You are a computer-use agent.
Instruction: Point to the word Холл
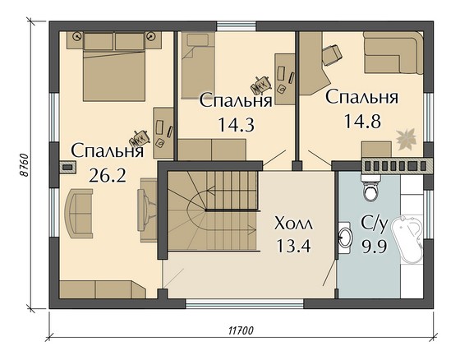tap(293, 224)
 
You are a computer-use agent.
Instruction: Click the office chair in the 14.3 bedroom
tap(262, 84)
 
